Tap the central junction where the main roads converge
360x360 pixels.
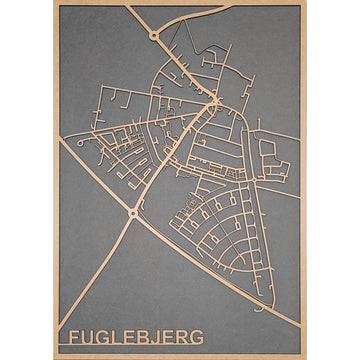(x=213, y=99)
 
